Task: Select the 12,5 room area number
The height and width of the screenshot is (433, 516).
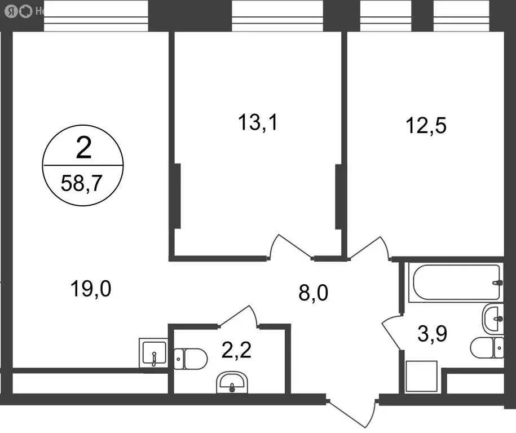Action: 426,125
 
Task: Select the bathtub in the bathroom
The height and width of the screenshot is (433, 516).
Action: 456,282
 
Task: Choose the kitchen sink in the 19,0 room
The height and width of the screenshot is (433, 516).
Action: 153,354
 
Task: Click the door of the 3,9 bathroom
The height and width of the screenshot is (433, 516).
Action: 391,332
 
